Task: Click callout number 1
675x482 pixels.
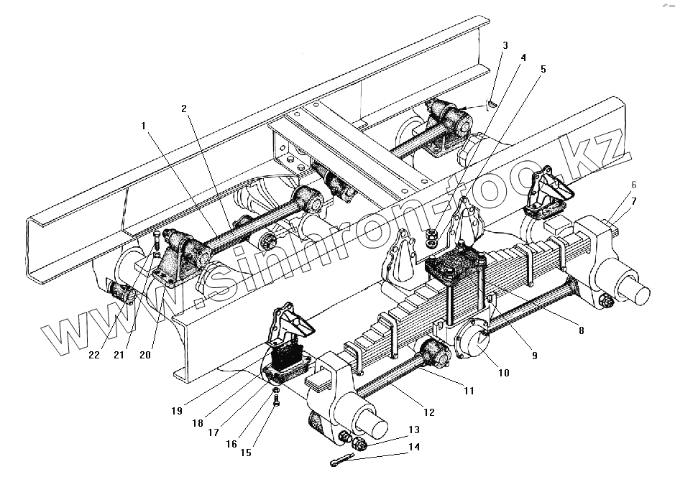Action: (144, 125)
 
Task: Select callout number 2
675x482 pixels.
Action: (185, 108)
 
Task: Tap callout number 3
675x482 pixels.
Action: (505, 45)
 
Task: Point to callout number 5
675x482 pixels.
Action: (543, 70)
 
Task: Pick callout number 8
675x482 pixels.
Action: (581, 331)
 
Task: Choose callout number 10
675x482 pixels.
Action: (502, 373)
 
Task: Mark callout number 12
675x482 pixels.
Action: (429, 412)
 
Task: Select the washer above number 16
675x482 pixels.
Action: (276, 389)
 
